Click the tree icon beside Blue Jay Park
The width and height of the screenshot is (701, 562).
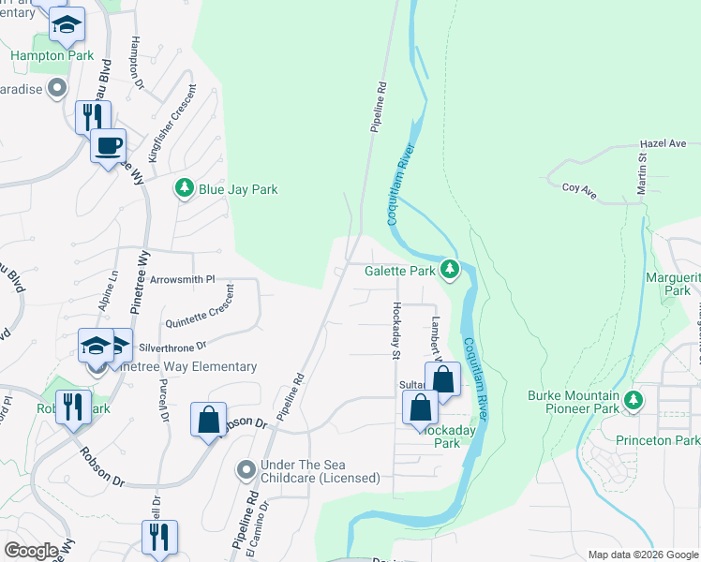coord(185,188)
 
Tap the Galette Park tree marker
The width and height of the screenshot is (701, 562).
coord(451,271)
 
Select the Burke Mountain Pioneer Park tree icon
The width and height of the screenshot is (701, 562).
coord(634,400)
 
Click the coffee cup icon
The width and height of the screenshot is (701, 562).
coord(108,145)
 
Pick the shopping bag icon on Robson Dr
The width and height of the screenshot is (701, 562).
coord(209,419)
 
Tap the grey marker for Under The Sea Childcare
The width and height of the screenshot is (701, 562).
coord(246,468)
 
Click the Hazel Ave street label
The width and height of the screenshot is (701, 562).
coord(664,144)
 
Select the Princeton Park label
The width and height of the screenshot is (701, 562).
coord(666,440)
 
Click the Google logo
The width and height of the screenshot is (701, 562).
coord(31,550)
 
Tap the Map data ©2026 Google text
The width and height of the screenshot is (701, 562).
coord(642,555)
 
